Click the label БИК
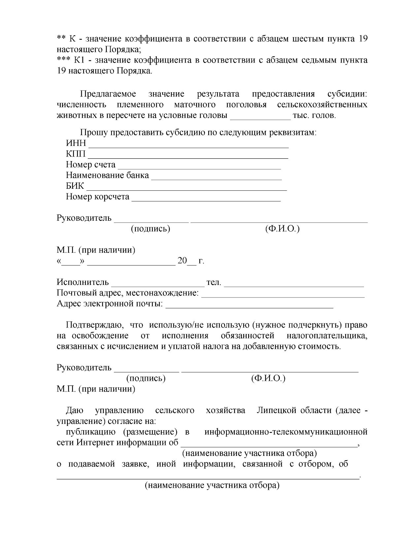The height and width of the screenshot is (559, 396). pyautogui.click(x=75, y=186)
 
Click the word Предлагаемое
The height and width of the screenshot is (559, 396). pyautogui.click(x=108, y=94)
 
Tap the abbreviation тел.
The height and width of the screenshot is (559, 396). pyautogui.click(x=214, y=282)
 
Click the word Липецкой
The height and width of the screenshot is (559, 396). pyautogui.click(x=277, y=410)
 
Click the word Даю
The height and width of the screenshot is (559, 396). pyautogui.click(x=75, y=410)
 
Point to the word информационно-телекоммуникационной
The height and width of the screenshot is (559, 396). pyautogui.click(x=286, y=432)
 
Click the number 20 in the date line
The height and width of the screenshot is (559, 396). pyautogui.click(x=182, y=261)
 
